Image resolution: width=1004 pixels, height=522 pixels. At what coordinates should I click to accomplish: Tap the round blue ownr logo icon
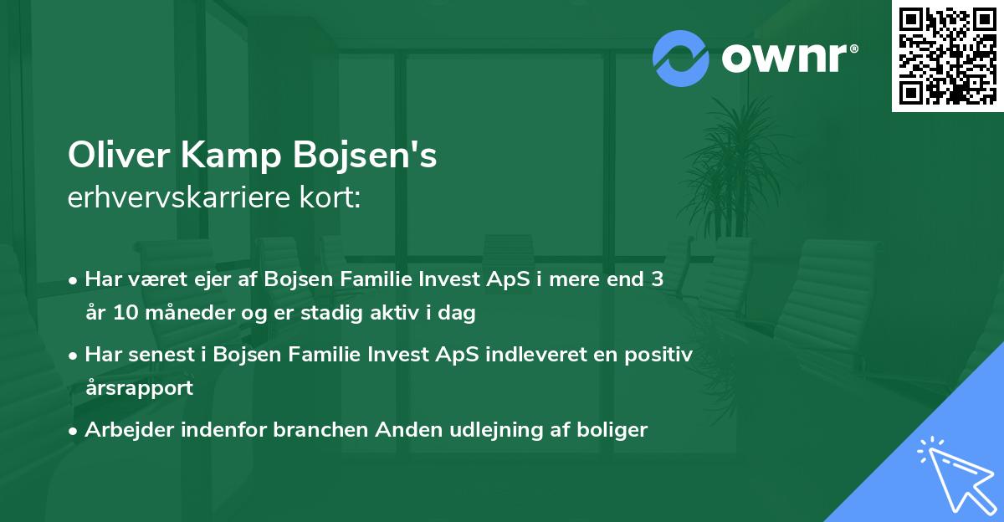point(681,59)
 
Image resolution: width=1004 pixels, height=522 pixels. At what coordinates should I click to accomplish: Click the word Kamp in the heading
point(228,156)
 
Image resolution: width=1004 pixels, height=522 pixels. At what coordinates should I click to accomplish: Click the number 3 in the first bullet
point(658,279)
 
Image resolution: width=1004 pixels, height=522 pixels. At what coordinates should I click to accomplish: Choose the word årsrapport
point(139,387)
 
